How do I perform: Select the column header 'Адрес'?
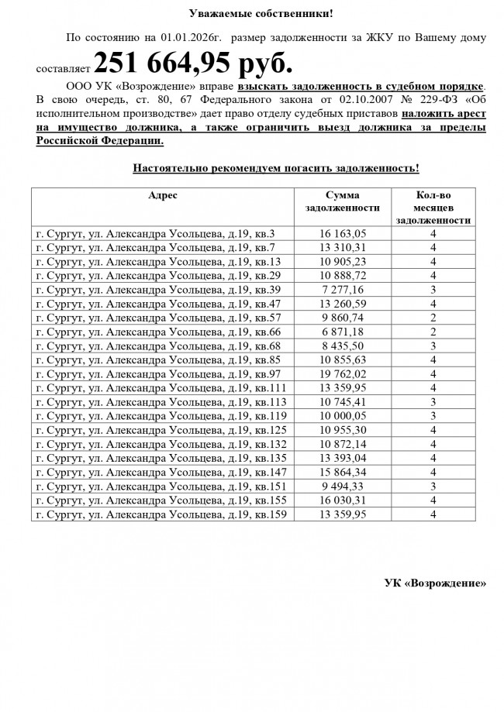[163, 196]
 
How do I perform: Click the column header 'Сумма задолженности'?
[343, 202]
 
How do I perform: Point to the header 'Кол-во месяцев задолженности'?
[433, 208]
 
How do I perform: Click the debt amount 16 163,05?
[343, 233]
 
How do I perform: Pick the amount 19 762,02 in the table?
[343, 373]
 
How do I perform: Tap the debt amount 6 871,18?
[343, 331]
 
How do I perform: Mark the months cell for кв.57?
[433, 317]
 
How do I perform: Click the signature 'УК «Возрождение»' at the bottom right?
[436, 583]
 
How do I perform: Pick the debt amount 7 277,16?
[343, 289]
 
